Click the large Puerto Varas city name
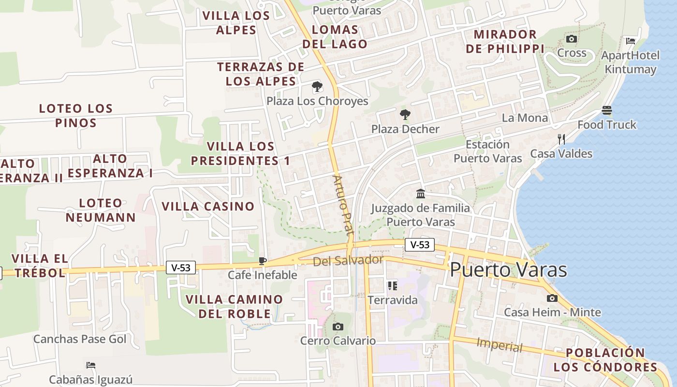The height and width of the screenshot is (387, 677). point(508,269)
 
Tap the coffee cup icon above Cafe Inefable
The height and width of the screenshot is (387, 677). point(263,261)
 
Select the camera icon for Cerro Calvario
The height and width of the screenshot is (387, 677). point(338,327)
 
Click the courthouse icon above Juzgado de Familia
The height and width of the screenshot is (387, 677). point(421,194)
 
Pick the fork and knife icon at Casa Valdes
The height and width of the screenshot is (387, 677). point(561,139)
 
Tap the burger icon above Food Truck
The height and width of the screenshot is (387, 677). point(607,110)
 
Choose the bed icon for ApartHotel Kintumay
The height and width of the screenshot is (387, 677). point(631,41)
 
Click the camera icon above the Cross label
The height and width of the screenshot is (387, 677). point(572,39)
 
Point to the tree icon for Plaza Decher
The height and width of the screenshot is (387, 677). point(405,115)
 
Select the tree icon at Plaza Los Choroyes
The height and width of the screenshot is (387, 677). point(317,87)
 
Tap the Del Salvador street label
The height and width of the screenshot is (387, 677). point(348,261)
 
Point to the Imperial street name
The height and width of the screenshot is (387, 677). point(500,345)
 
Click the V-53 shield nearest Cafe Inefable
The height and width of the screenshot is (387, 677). point(181,268)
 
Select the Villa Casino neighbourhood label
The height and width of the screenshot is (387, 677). point(208,207)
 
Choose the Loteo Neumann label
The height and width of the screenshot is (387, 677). point(101,210)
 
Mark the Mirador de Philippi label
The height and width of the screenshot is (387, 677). point(505,42)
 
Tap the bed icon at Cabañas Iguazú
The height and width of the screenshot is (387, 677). point(90,365)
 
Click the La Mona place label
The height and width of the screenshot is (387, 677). point(525,118)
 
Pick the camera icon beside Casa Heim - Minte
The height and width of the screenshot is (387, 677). point(552,298)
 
